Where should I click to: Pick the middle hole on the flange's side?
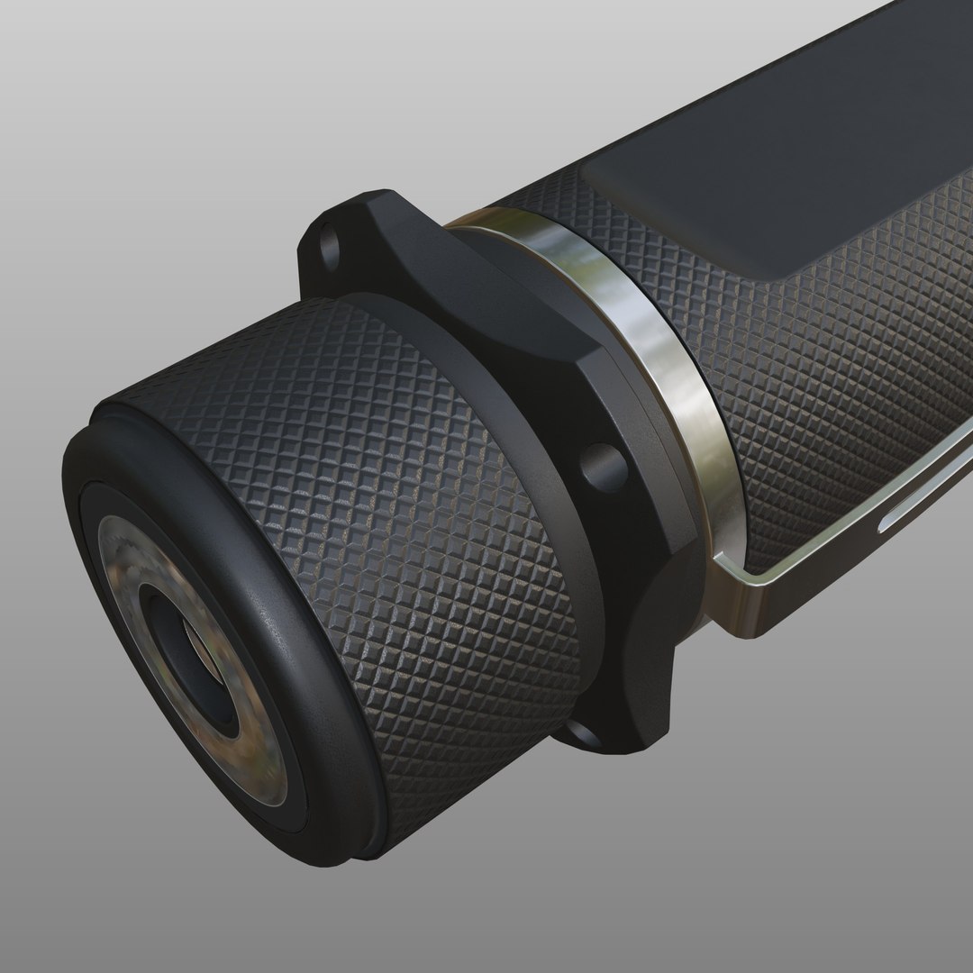coord(601,467)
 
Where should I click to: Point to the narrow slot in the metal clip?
coord(919,514)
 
